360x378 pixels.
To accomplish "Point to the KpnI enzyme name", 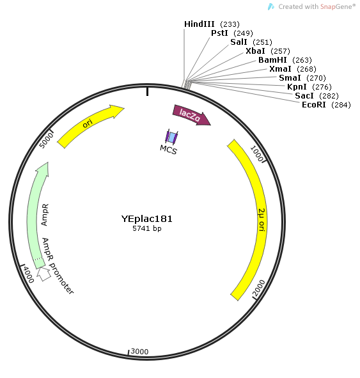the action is click(x=297, y=87).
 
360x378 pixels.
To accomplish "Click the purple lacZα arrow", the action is click(x=191, y=115).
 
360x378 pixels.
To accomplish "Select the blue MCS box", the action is click(x=171, y=137).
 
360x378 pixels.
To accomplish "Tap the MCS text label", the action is click(x=168, y=150).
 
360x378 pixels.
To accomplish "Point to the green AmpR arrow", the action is click(x=36, y=214).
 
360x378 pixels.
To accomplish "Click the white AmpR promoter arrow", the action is click(x=43, y=274).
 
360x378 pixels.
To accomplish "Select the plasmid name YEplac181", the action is click(x=146, y=219).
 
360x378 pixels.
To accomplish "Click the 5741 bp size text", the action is click(x=146, y=228).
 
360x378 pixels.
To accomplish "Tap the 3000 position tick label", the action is click(x=139, y=352).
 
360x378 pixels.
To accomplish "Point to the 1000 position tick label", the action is click(x=256, y=154).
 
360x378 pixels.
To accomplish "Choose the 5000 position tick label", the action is click(x=46, y=141).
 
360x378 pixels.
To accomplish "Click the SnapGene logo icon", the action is click(x=271, y=7).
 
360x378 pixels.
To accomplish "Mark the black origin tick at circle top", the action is click(x=148, y=92).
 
